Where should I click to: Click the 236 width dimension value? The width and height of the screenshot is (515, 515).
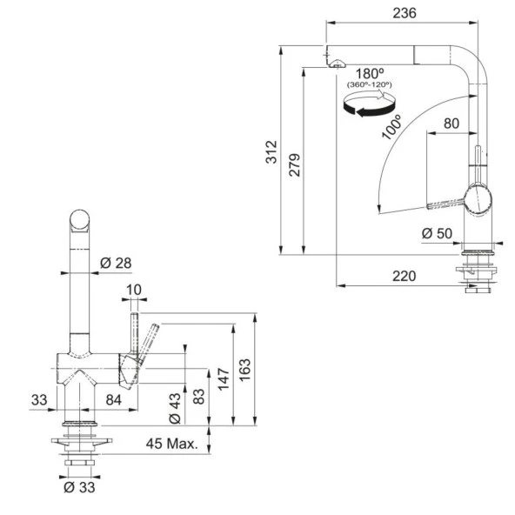tap(405, 13)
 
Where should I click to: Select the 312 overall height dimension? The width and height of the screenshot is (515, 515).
tap(271, 152)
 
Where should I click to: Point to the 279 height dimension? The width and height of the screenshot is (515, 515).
tap(295, 165)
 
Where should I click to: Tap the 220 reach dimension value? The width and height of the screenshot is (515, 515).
tap(404, 276)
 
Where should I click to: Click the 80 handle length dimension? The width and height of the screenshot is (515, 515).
tap(451, 124)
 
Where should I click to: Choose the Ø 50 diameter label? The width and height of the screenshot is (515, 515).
tap(437, 233)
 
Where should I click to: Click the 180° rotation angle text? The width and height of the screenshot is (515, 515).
tap(370, 74)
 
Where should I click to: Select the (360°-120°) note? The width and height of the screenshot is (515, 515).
tap(370, 84)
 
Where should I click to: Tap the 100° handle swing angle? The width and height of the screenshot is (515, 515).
tap(391, 127)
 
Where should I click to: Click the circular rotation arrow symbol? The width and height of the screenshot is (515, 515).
tap(369, 104)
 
